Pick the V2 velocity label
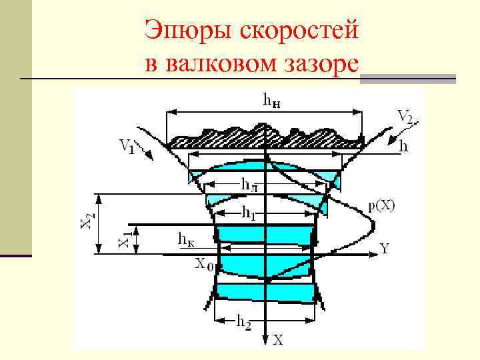click(405, 117)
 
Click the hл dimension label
click(250, 183)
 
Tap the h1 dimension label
click(248, 213)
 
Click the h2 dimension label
click(244, 322)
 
